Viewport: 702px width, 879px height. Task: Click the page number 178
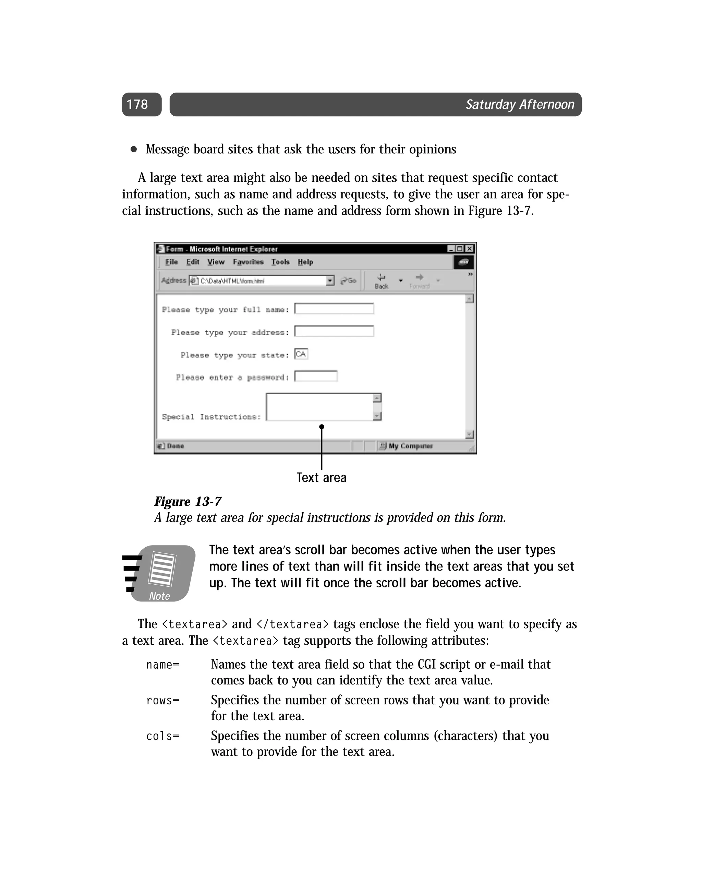coord(137,104)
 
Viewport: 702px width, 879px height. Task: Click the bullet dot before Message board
coord(133,149)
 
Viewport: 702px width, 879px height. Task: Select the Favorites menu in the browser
coord(248,262)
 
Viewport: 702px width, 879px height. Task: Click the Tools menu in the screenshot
coord(280,262)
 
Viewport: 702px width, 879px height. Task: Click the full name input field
coord(334,309)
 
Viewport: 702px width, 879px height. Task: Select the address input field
coord(334,331)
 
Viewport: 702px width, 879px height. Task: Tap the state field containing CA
coord(301,354)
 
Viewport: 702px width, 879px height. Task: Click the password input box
coord(316,376)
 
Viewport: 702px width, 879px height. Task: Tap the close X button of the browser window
coord(470,249)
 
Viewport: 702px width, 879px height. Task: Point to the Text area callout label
coord(321,478)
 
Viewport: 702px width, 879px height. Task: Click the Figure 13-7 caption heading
coord(187,502)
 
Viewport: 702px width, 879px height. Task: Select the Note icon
coord(160,573)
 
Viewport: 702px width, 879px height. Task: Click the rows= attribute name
coord(162,701)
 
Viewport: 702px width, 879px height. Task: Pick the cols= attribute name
coord(162,736)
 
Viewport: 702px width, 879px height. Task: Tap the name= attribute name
coord(162,665)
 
